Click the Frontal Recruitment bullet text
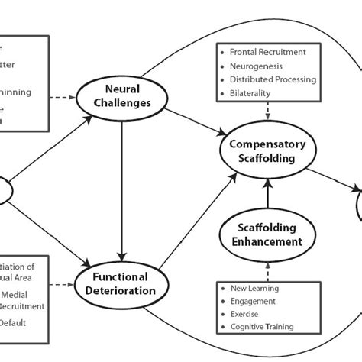pos(269,52)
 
